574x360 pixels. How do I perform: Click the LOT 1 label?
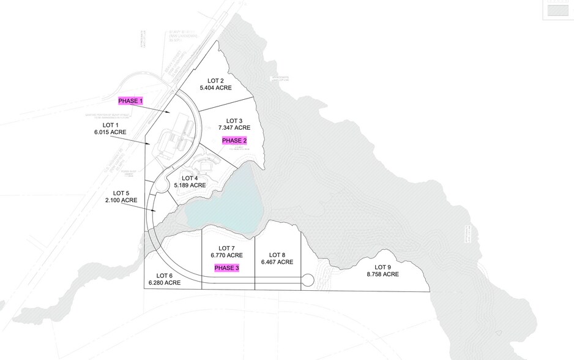(110, 124)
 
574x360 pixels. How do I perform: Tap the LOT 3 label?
(234, 121)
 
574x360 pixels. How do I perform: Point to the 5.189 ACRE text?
(190, 184)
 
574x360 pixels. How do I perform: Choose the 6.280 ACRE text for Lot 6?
(165, 283)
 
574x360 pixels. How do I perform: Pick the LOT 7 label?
(227, 248)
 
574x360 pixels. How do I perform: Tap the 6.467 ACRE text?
(277, 262)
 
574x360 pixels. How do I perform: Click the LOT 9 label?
(382, 267)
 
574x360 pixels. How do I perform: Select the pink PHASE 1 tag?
(130, 100)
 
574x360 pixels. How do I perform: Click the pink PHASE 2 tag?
(234, 140)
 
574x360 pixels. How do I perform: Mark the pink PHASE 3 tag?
(227, 268)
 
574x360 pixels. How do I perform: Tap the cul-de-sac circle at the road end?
(307, 280)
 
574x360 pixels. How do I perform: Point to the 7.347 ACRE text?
(234, 128)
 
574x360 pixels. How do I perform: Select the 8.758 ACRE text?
(382, 274)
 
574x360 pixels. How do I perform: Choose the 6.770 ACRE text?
(227, 255)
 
